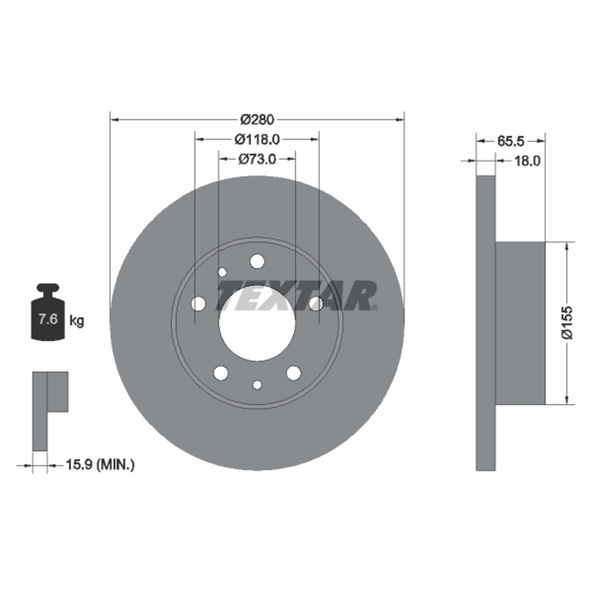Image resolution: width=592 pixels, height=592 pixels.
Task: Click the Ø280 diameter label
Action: (257, 120)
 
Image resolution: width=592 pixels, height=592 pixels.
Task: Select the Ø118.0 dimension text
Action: (257, 140)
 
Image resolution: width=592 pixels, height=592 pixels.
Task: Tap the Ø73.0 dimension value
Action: (257, 159)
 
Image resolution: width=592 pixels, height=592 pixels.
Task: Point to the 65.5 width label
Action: (511, 141)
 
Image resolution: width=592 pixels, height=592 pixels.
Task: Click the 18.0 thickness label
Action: (528, 161)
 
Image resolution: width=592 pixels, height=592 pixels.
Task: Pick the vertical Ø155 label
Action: (567, 323)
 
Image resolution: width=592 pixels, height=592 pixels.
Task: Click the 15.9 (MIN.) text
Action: (100, 465)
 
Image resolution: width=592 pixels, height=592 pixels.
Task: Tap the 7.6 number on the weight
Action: (48, 320)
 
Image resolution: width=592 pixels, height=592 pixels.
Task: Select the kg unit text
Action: (77, 321)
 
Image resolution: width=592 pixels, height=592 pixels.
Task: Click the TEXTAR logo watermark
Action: (297, 295)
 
